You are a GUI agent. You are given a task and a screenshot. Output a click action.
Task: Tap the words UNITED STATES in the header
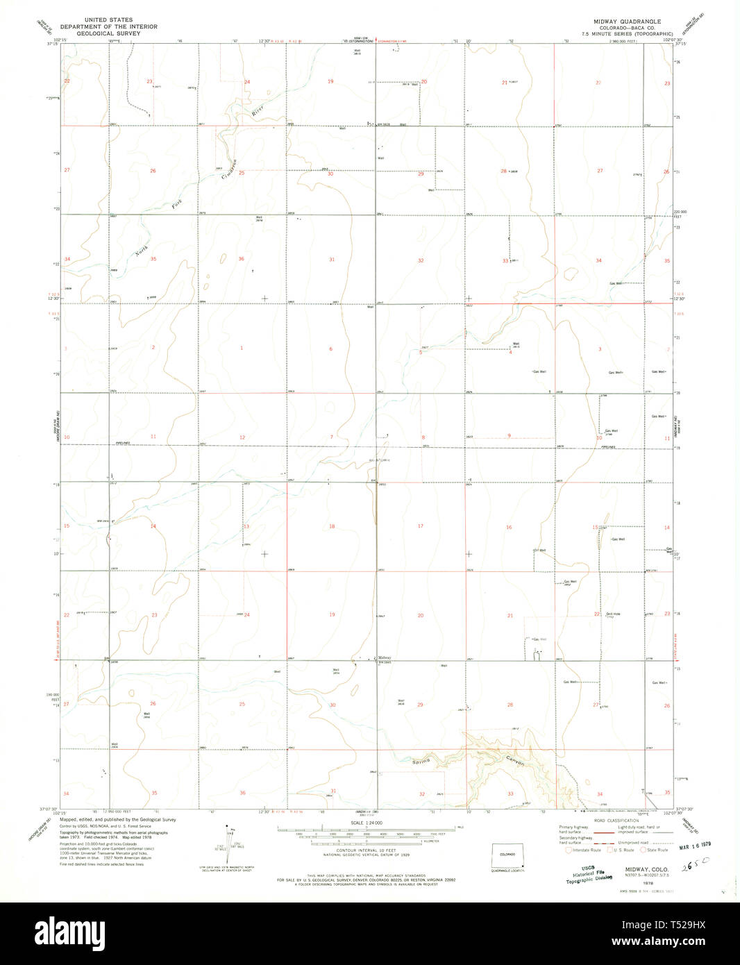coord(110,21)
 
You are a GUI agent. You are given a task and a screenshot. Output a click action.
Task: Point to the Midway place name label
coord(385,657)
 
